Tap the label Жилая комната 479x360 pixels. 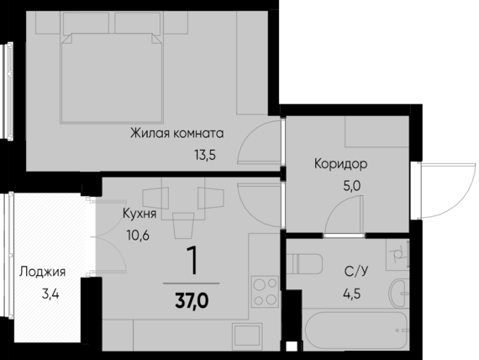(176, 132)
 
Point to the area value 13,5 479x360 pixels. (205, 154)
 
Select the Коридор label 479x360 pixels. (340, 163)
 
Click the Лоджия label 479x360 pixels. (42, 272)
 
